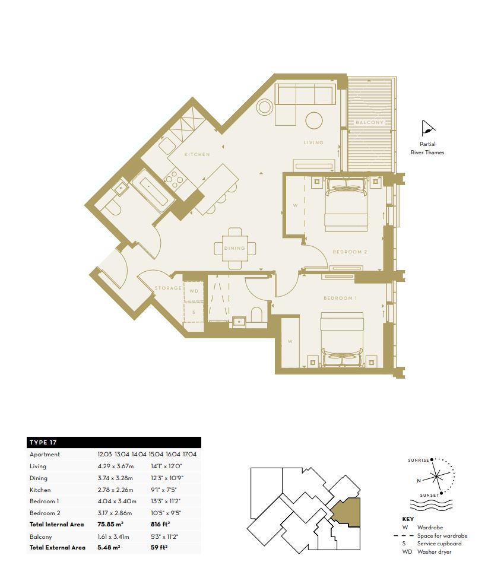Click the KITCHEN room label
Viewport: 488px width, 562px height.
197,154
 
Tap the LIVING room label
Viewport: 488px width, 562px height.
313,142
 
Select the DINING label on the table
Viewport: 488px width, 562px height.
235,248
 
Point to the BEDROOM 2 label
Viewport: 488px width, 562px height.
350,252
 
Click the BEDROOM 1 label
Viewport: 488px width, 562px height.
340,298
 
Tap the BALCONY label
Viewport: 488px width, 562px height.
370,122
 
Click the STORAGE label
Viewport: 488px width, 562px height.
168,288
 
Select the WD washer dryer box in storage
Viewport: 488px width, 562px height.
194,291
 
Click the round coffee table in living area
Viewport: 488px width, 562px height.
314,121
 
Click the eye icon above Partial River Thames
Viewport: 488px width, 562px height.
427,128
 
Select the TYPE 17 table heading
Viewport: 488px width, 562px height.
43,442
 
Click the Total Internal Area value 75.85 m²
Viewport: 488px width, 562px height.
110,525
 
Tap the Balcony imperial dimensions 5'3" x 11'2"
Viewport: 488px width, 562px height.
164,536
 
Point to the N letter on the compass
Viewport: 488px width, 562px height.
419,481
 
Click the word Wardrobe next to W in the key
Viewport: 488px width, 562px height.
430,528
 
